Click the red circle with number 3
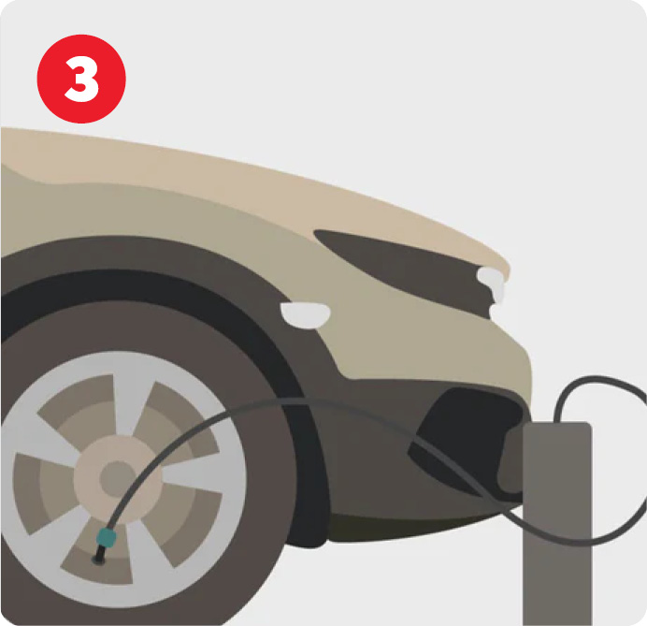pyautogui.click(x=81, y=79)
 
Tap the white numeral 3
pyautogui.click(x=81, y=79)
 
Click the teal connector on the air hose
pyautogui.click(x=107, y=538)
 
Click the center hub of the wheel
pyautogui.click(x=118, y=479)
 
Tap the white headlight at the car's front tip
pyautogui.click(x=492, y=284)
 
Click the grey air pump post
pyautogui.click(x=557, y=523)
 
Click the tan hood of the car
pyautogui.click(x=248, y=182)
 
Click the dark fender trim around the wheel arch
pyautogui.click(x=165, y=252)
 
